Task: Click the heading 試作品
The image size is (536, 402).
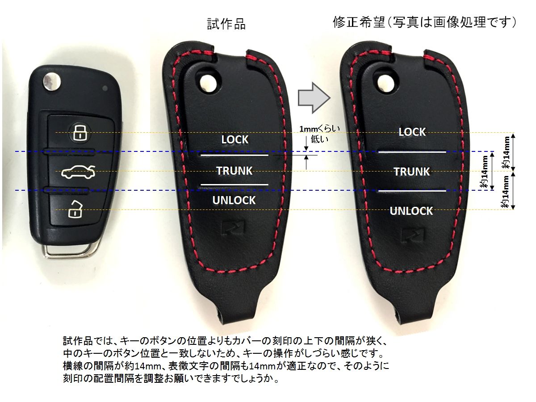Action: click(x=226, y=24)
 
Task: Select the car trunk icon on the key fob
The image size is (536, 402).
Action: click(x=77, y=172)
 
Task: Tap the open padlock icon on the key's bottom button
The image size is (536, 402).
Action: click(x=75, y=209)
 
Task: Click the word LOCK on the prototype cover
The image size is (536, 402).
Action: click(x=234, y=140)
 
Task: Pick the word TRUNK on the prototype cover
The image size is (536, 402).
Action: click(x=234, y=171)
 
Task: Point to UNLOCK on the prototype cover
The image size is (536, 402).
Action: click(x=234, y=200)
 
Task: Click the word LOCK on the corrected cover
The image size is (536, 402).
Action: click(x=412, y=132)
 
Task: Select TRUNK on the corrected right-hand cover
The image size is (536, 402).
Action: click(x=411, y=172)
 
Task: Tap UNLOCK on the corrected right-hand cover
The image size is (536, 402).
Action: click(x=411, y=211)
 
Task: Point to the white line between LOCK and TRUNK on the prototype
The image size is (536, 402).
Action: click(x=234, y=155)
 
